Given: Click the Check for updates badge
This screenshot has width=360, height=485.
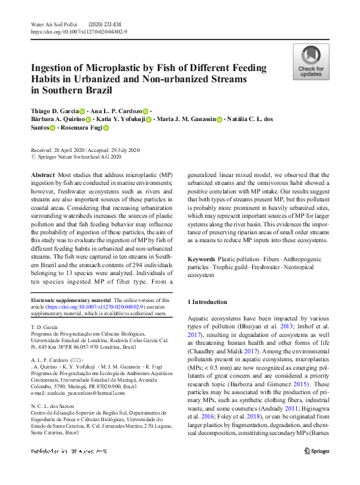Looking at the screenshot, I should (311, 62).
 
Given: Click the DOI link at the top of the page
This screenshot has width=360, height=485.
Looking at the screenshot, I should (79, 32).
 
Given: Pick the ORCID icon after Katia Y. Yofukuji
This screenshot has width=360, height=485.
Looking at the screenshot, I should (149, 120).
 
